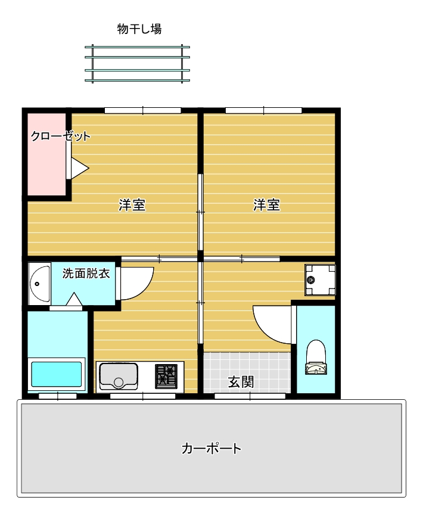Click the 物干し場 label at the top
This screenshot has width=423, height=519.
pos(139,29)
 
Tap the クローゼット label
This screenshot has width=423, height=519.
pos(61,136)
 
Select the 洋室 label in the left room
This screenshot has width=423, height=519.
pos(132,205)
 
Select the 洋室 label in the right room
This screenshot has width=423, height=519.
pos(267,205)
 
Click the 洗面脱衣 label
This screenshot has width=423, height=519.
pos(86,274)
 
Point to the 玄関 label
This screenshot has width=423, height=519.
pos(241,382)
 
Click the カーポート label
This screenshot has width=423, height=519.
pos(211,449)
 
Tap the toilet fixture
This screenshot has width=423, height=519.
pos(316,358)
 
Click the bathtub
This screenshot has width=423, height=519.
pos(56,374)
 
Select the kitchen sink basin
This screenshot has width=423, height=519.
pos(119,376)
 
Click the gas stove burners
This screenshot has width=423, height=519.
pos(166,376)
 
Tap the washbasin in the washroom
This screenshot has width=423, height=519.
pos(39,284)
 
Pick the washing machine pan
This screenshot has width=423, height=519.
pos(320,279)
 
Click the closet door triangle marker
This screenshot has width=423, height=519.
pos(79,168)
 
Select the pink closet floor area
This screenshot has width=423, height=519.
pos(46,154)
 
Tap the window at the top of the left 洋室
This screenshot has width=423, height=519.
pos(142,111)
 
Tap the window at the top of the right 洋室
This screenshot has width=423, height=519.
pos(264,111)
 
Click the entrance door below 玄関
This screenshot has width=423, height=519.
pos(250,396)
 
